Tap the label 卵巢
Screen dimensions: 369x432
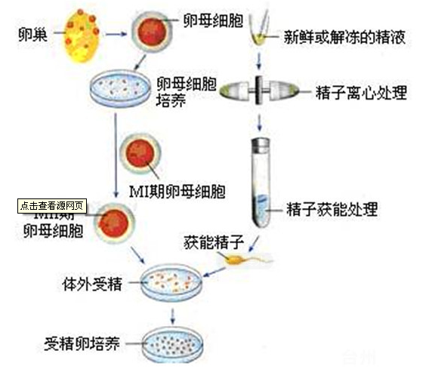[29, 34]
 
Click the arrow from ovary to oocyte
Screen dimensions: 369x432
[115, 34]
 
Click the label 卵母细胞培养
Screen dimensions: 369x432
[185, 91]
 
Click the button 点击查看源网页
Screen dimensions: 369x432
[54, 204]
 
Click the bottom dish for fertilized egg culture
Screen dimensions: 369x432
[174, 343]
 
